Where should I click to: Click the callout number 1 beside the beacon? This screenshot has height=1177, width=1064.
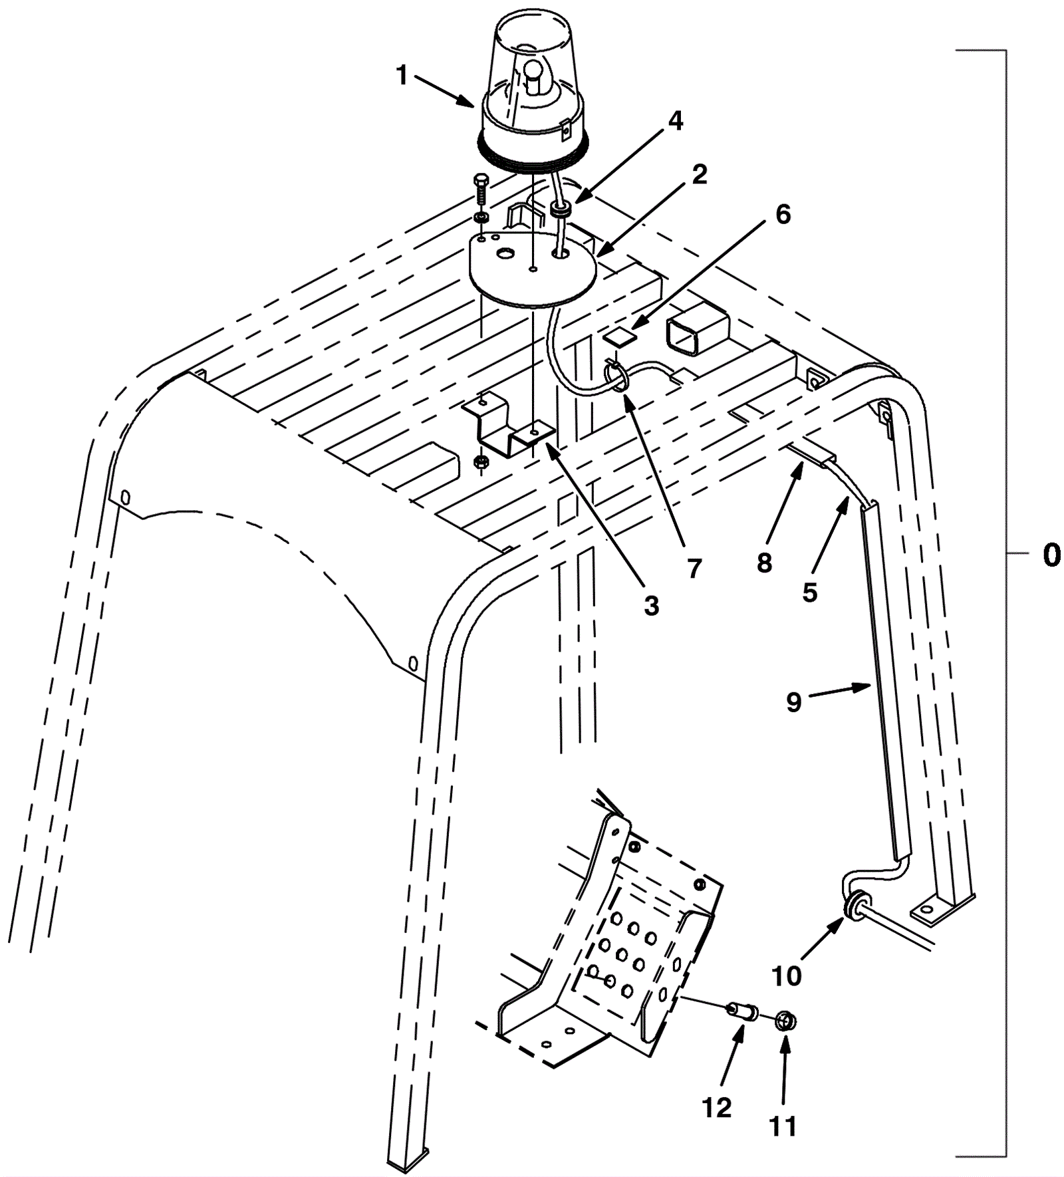[402, 76]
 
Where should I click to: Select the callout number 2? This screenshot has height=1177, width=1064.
[699, 174]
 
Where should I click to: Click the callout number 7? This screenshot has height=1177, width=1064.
[694, 569]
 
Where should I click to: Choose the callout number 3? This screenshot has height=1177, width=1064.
[652, 605]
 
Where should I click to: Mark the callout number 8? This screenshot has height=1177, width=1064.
[764, 563]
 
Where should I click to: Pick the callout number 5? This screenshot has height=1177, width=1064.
[809, 591]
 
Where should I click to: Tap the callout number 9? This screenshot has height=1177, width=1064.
[794, 702]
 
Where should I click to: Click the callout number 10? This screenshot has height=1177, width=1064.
[787, 976]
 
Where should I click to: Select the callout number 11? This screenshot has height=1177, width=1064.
[783, 1126]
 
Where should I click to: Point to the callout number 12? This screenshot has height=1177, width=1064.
[716, 1107]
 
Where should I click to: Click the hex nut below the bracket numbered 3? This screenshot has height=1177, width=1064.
[480, 461]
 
